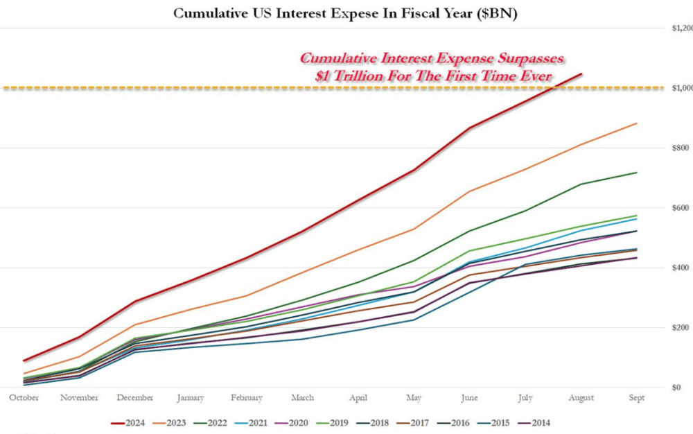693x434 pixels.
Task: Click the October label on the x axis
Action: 24,398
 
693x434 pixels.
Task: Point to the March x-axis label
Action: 302,398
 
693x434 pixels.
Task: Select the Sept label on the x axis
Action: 636,398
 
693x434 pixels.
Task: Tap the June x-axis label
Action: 469,398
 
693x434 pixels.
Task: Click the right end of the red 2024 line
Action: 581,73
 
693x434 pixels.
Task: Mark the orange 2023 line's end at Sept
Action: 637,123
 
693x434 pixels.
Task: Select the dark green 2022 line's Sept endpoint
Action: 637,173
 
